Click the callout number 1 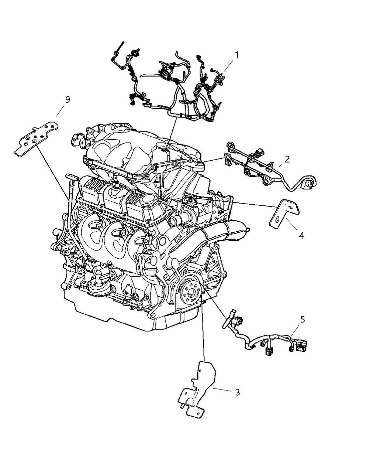[236, 55]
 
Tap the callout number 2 [287, 159]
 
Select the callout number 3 [237, 392]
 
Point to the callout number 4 [301, 235]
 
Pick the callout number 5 [303, 320]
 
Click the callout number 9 [67, 99]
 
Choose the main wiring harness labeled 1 [173, 89]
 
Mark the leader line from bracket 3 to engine [203, 332]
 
